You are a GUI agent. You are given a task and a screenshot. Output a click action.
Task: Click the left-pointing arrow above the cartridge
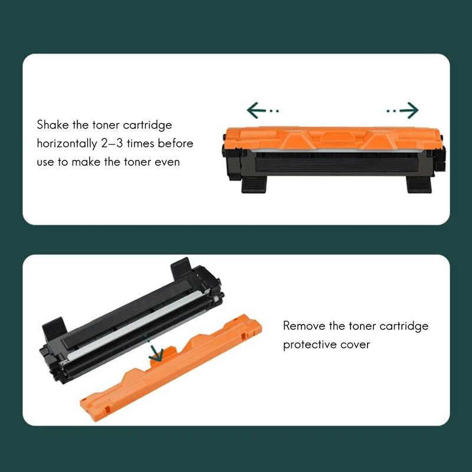263,110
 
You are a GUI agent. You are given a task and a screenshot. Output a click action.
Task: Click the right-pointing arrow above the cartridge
402,110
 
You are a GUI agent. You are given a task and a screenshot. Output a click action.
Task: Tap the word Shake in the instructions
53,124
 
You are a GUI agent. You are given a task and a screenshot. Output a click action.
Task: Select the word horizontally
67,144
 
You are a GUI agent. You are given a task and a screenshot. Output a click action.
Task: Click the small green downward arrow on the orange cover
156,352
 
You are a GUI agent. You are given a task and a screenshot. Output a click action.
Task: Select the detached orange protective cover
171,367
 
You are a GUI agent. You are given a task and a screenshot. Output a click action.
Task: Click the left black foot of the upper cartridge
254,184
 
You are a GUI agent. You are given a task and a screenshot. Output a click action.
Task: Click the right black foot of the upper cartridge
419,184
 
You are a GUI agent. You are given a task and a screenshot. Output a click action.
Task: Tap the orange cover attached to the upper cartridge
333,138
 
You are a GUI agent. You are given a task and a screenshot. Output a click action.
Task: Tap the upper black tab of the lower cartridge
181,267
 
